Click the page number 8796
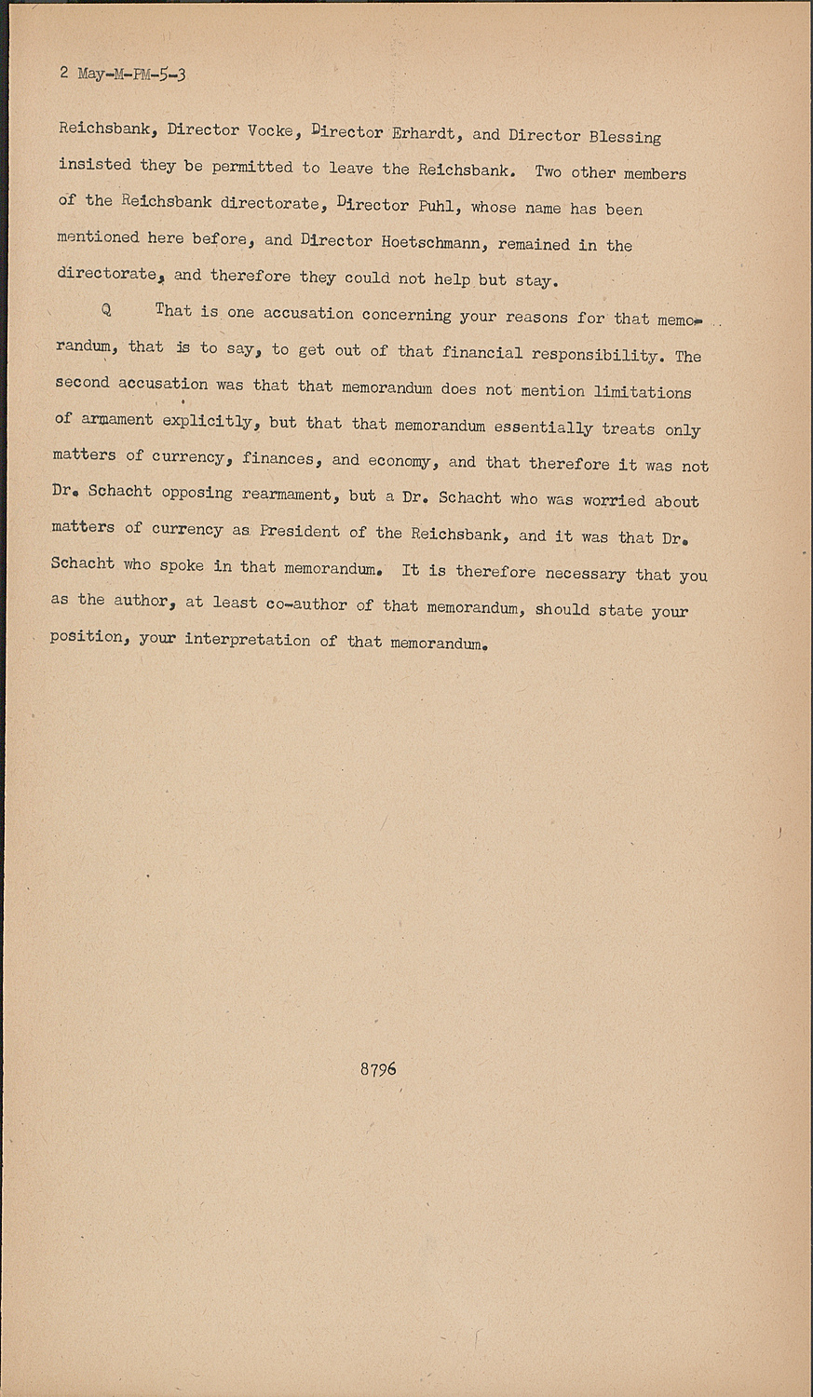378,1069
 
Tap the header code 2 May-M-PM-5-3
123,74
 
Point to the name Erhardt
424,133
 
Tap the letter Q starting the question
106,310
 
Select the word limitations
643,392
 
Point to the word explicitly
208,421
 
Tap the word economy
400,461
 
